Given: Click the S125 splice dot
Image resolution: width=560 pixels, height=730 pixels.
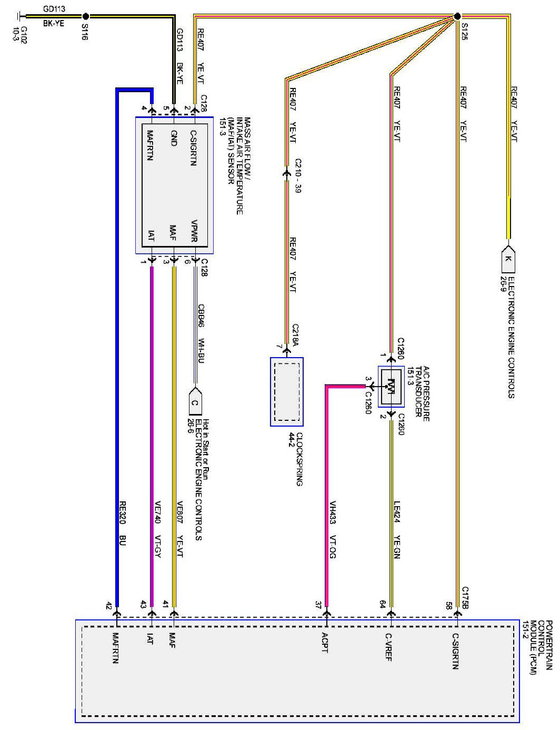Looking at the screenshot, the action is pos(457,16).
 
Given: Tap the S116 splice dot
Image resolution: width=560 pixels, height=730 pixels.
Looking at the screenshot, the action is pos(86,16).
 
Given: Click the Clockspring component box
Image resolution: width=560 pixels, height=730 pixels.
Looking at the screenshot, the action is pos(286,392).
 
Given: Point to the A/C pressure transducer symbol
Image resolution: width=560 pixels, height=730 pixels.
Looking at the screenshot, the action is pos(391,387).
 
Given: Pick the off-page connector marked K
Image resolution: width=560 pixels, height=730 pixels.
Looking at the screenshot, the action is pos(508,259).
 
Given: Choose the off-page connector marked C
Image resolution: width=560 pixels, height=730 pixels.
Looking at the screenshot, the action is pos(195,402).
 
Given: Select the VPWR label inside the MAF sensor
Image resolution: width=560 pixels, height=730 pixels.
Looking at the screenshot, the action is pos(194,231).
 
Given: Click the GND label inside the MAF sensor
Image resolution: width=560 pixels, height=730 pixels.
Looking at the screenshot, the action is pos(173,138).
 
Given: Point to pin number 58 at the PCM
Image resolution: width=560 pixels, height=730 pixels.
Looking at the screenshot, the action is pos(448,605).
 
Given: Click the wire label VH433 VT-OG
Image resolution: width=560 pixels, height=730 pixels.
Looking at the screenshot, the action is pos(332,530).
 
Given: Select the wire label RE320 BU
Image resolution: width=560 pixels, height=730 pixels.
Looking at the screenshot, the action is pos(122,524).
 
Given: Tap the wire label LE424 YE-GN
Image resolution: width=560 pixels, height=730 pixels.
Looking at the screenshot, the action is pos(397,530).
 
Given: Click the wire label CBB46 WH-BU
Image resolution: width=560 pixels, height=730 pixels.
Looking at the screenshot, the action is pos(201,333).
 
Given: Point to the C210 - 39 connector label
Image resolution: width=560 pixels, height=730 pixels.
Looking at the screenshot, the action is pos(297,176).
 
